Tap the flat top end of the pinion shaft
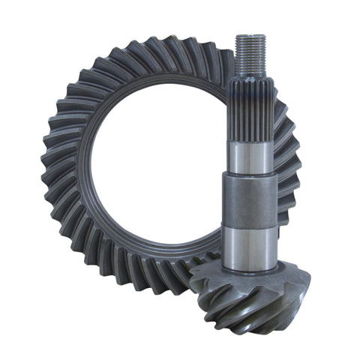(x=250, y=34)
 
